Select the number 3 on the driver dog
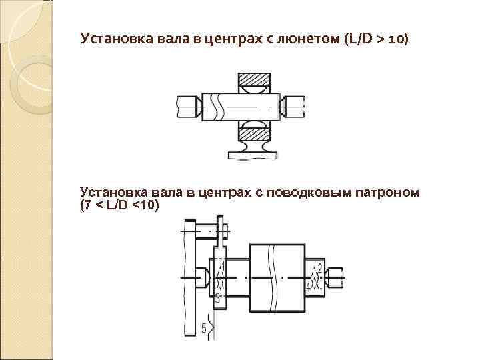(217, 296)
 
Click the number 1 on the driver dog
(223, 267)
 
